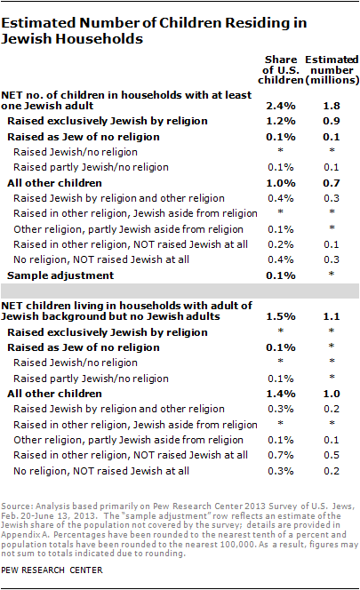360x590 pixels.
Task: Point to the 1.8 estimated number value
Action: (x=332, y=107)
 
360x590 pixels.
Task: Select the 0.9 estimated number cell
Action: (x=332, y=122)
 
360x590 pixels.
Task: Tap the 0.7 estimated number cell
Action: (x=332, y=182)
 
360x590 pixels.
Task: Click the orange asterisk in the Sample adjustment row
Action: (x=332, y=277)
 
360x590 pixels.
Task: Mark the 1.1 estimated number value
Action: (x=332, y=316)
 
